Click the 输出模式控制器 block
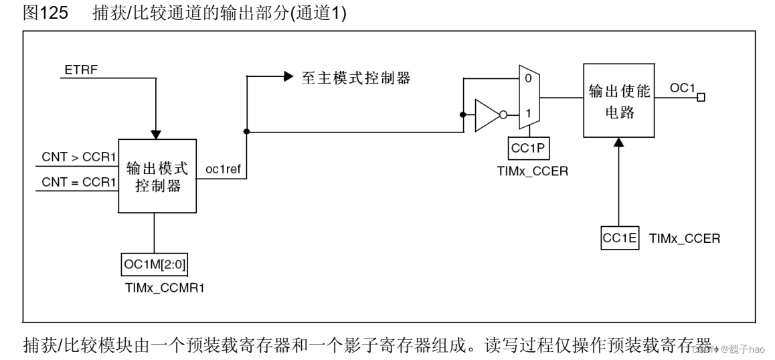[158, 177]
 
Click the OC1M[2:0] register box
[155, 266]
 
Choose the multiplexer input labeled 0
[528, 78]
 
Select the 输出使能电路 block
[618, 102]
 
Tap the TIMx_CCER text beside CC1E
[684, 238]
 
